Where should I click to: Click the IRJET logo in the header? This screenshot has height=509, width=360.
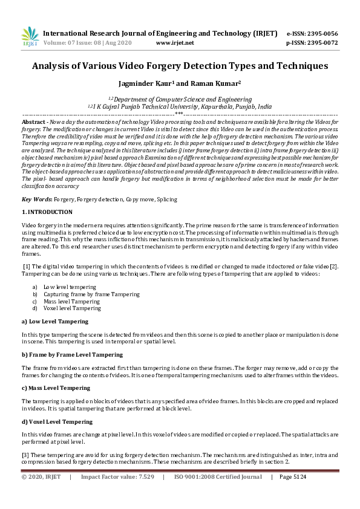click(29, 37)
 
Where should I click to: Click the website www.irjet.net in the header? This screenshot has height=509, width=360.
click(175, 43)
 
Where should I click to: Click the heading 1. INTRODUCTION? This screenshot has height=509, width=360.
click(47, 212)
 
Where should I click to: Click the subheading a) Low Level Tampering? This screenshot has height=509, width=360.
click(54, 322)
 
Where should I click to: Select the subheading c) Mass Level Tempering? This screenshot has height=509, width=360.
click(57, 387)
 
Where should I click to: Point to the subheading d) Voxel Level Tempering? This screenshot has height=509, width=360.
click(57, 421)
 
